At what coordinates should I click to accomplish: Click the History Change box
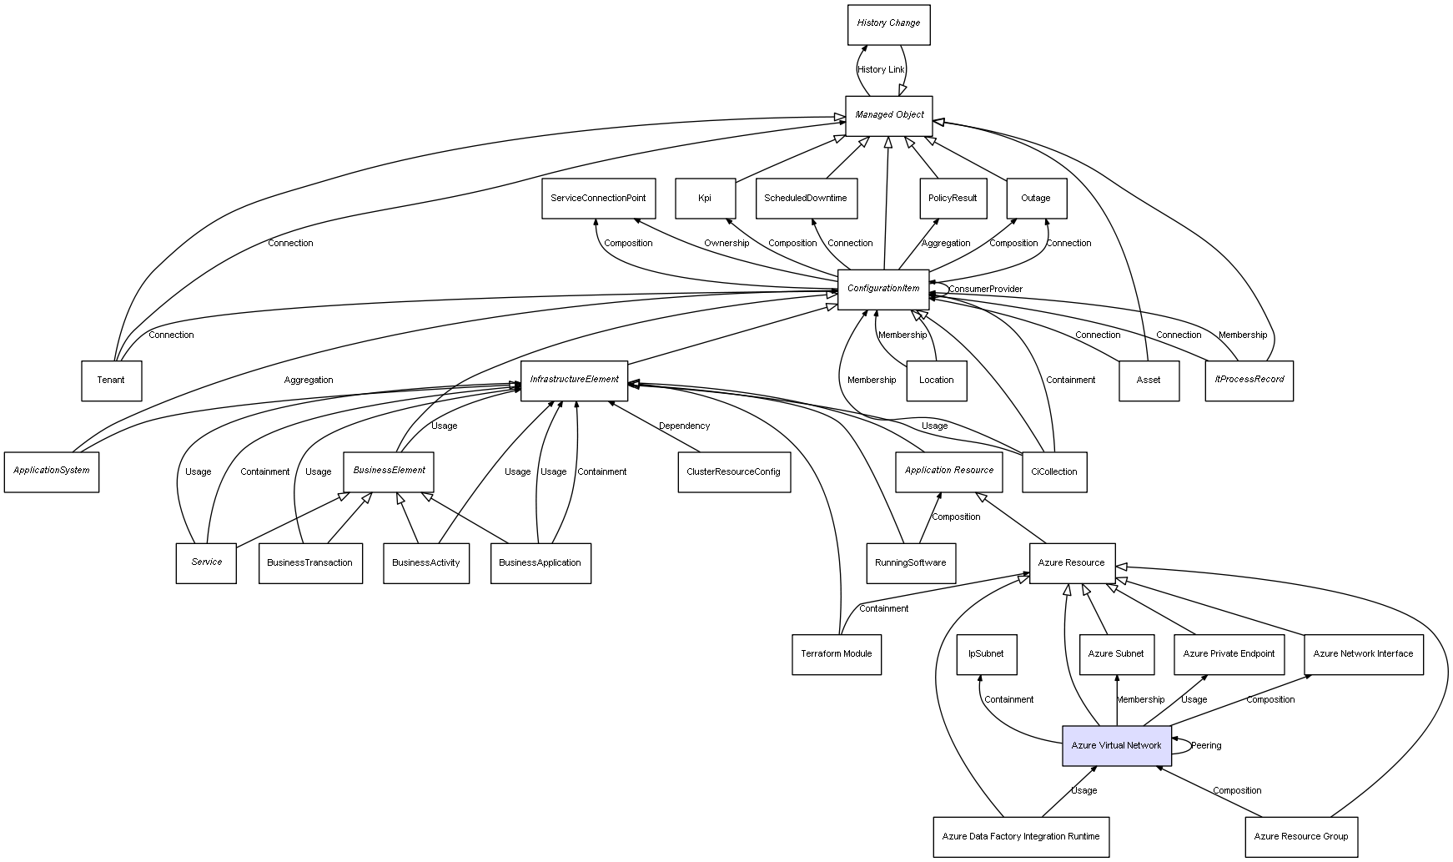coord(888,24)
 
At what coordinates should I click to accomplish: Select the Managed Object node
coord(889,116)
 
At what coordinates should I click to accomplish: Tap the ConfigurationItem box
coord(882,289)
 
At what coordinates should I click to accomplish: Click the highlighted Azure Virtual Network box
coord(1116,745)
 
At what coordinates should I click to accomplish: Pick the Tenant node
coord(111,381)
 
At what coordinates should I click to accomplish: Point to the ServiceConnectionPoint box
coord(598,199)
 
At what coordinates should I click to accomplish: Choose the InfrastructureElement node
coord(574,381)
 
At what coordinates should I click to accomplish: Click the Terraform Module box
coord(836,654)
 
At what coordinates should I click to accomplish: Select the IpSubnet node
coord(986,654)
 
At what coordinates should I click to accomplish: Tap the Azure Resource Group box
coord(1300,837)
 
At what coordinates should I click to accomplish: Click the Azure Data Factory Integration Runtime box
coord(1021,837)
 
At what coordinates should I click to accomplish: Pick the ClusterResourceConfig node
coord(733,472)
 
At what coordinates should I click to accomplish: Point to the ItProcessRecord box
coord(1249,381)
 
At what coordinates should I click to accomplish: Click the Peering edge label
coord(1206,746)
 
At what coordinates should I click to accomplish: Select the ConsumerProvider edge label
coord(985,290)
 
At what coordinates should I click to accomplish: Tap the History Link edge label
coord(881,70)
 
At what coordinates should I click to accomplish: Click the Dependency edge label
coord(684,426)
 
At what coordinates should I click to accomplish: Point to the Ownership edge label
coord(726,244)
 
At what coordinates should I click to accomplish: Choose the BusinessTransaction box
coord(310,563)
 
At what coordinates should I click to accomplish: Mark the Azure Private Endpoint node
coord(1229,654)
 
